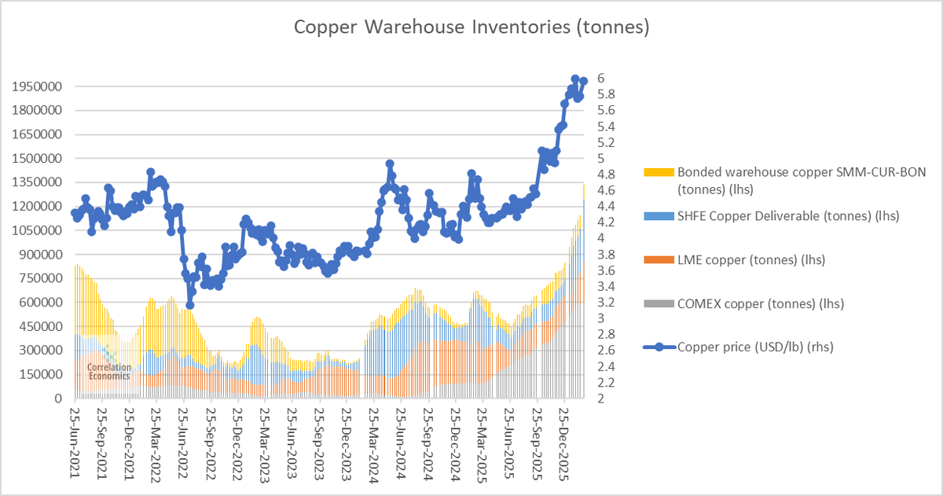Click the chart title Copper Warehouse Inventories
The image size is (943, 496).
(x=472, y=28)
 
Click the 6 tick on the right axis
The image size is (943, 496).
(x=600, y=78)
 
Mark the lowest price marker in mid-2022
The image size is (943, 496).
(x=190, y=304)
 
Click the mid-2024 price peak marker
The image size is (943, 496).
(x=390, y=164)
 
